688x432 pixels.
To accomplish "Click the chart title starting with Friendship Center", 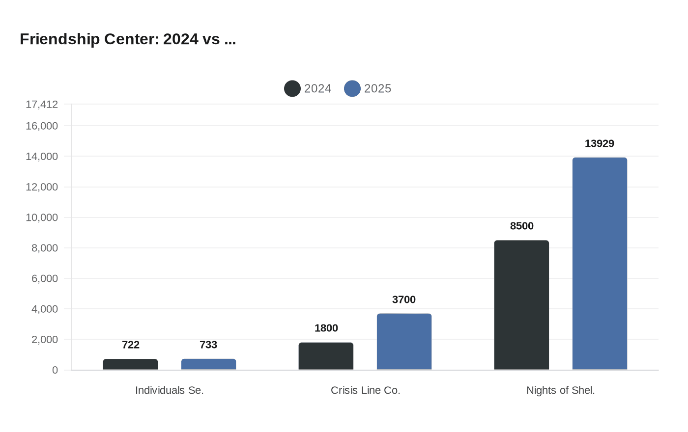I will pyautogui.click(x=128, y=39).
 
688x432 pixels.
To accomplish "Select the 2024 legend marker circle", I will pyautogui.click(x=292, y=88).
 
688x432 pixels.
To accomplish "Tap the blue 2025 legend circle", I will pyautogui.click(x=352, y=88).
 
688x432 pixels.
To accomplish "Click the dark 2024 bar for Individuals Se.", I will pyautogui.click(x=130, y=364).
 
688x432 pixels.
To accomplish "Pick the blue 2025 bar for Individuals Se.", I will pyautogui.click(x=208, y=364).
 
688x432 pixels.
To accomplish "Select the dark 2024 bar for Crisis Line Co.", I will pyautogui.click(x=326, y=356).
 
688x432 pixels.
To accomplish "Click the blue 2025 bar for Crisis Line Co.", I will pyautogui.click(x=404, y=342).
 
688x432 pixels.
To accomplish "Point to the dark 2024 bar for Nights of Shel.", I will pyautogui.click(x=521, y=305).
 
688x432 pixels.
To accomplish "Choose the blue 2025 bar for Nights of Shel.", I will pyautogui.click(x=600, y=264).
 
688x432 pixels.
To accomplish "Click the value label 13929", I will pyautogui.click(x=600, y=143).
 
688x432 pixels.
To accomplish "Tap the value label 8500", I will pyautogui.click(x=521, y=226).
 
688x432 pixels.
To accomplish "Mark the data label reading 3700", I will pyautogui.click(x=404, y=299).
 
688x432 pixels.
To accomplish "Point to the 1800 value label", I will pyautogui.click(x=326, y=328).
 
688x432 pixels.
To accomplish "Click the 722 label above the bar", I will pyautogui.click(x=130, y=345).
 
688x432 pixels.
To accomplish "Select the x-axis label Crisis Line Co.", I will pyautogui.click(x=365, y=390).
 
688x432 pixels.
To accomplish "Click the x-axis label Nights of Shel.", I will pyautogui.click(x=560, y=390).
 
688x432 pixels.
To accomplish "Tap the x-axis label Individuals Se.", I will pyautogui.click(x=169, y=390).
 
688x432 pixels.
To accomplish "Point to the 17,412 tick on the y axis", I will pyautogui.click(x=42, y=104).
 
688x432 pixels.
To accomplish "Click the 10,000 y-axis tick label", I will pyautogui.click(x=42, y=217).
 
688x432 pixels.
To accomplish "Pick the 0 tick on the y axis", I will pyautogui.click(x=55, y=370).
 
